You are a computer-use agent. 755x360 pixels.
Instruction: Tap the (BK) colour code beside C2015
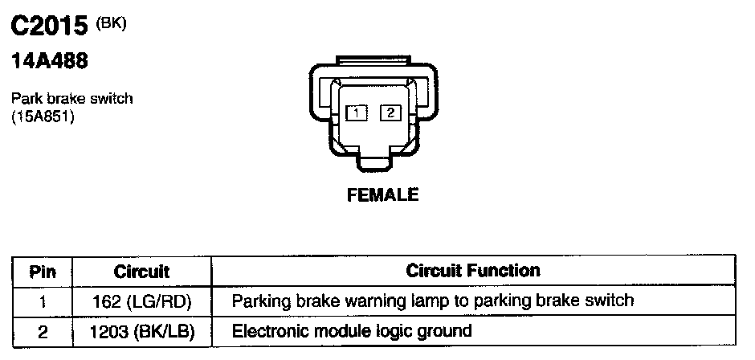[x=111, y=23]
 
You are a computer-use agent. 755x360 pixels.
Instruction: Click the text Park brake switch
[x=71, y=99]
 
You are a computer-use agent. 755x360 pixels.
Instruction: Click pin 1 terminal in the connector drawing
[x=354, y=113]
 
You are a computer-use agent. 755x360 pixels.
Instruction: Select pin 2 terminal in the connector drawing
[x=390, y=113]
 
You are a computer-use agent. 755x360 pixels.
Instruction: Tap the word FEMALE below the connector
[x=382, y=194]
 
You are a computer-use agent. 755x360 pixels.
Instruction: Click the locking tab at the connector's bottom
[x=373, y=162]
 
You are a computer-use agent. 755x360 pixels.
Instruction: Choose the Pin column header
[x=42, y=272]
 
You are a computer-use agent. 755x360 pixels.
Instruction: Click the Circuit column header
[x=141, y=272]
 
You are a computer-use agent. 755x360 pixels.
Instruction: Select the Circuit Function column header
[x=473, y=271]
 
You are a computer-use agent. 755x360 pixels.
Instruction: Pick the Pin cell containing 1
[x=42, y=301]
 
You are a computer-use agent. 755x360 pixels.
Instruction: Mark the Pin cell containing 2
[x=42, y=330]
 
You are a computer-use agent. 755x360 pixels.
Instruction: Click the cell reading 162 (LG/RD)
[x=142, y=301]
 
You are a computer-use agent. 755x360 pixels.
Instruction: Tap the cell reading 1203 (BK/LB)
[x=142, y=330]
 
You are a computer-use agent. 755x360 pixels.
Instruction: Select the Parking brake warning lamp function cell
[x=433, y=301]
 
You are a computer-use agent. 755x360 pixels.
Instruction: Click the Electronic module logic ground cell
[x=352, y=330]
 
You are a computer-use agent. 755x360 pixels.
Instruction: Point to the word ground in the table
[x=447, y=331]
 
